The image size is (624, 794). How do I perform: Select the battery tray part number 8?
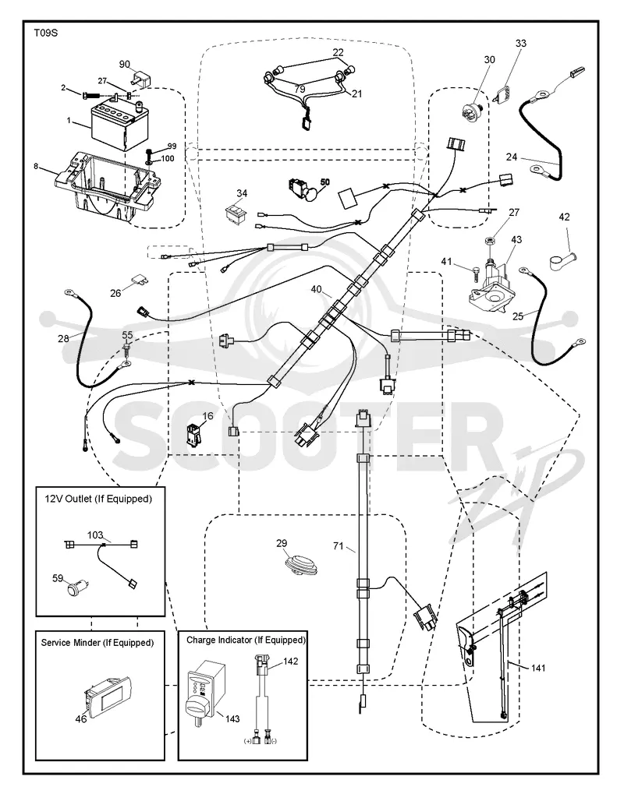point(105,187)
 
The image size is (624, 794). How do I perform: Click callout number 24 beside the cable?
point(512,157)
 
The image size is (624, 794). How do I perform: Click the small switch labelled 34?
point(236,213)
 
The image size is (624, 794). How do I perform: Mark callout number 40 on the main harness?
point(317,289)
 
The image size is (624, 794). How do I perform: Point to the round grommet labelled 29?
point(300,564)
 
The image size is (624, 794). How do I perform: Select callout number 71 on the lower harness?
point(338,546)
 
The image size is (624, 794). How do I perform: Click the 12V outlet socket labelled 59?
point(79,589)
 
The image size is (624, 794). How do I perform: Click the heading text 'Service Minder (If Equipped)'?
point(97,643)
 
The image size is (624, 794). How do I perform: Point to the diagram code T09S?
point(45,34)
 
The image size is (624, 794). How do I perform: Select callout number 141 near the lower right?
point(538,668)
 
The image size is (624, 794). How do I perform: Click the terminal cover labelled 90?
point(143,79)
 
